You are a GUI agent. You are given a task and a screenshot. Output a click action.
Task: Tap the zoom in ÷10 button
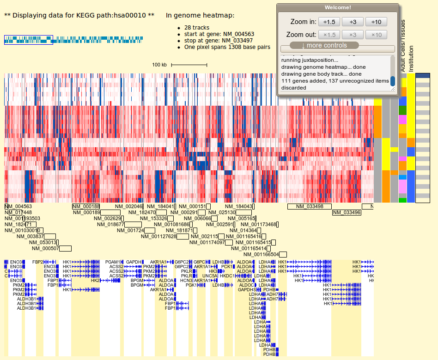click(376, 22)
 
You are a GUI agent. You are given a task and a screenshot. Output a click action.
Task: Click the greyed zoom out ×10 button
click(376, 35)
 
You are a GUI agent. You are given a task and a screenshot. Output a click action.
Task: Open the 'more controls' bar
click(324, 45)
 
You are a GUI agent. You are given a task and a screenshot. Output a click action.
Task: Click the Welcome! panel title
click(337, 7)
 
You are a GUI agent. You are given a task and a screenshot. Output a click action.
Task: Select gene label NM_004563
click(18, 206)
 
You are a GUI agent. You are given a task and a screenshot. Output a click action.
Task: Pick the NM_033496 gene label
click(347, 212)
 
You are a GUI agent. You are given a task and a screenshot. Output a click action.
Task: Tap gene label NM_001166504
click(261, 254)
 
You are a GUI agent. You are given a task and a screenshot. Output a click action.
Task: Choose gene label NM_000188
click(86, 206)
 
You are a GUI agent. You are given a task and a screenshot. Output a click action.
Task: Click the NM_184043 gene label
click(239, 206)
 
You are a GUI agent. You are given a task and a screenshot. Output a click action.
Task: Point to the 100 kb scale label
click(159, 65)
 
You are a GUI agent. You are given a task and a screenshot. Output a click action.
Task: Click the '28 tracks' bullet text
click(196, 28)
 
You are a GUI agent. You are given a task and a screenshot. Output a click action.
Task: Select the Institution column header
click(411, 59)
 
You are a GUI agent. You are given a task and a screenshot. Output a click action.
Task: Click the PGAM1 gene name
click(113, 262)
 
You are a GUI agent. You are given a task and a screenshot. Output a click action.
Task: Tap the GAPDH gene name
click(134, 262)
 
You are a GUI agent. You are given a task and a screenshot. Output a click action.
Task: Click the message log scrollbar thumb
click(393, 81)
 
